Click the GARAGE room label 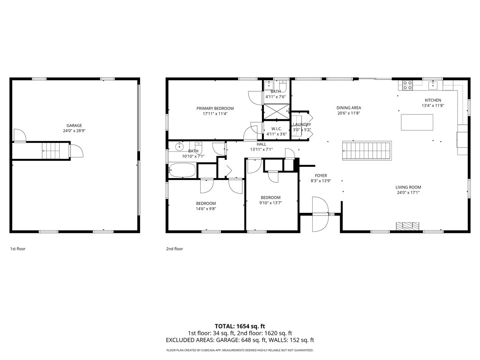click(x=74, y=125)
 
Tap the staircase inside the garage click(x=52, y=151)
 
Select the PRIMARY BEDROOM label click(x=215, y=108)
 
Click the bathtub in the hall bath click(x=182, y=170)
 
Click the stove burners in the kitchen click(x=407, y=85)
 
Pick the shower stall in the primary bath click(x=276, y=113)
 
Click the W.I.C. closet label click(x=276, y=128)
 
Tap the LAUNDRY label click(x=302, y=124)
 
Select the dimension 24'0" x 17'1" click(x=408, y=192)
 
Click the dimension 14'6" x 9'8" click(x=206, y=209)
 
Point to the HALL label click(x=261, y=144)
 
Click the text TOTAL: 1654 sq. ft click(x=240, y=326)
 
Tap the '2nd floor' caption click(x=174, y=249)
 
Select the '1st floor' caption click(x=18, y=249)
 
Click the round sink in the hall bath click(x=179, y=147)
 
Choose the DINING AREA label click(x=349, y=107)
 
